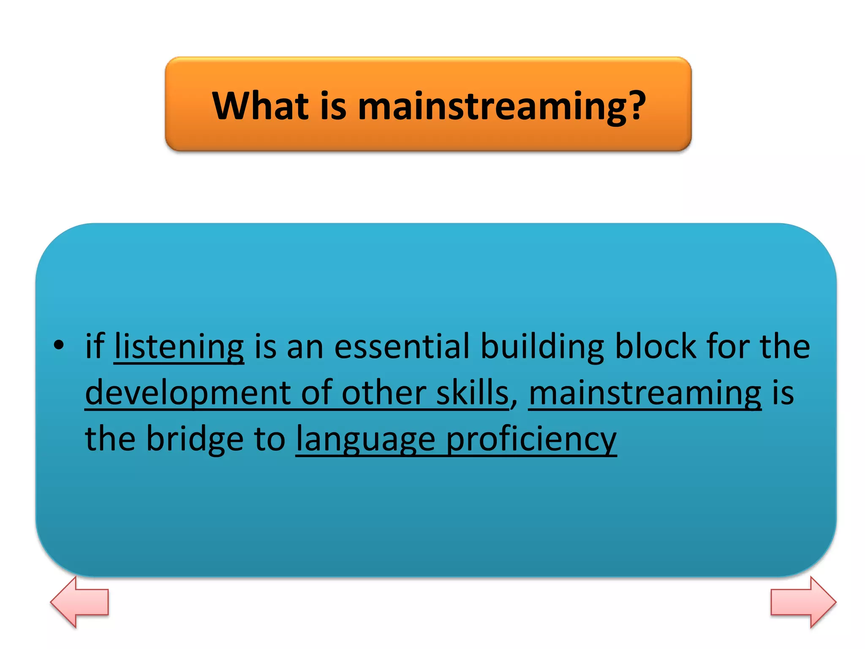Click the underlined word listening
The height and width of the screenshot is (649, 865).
(x=179, y=346)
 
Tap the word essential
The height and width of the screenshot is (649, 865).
(x=401, y=346)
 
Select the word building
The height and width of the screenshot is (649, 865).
(x=542, y=346)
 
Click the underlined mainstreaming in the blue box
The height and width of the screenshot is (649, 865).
(x=645, y=393)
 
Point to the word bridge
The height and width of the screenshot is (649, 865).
(x=195, y=439)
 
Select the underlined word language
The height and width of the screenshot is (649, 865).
(x=365, y=439)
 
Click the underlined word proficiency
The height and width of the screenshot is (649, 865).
(x=531, y=439)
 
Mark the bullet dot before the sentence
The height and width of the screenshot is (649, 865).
(x=59, y=346)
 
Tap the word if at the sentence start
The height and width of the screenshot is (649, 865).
(x=95, y=346)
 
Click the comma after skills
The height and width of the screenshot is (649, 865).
(x=514, y=405)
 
